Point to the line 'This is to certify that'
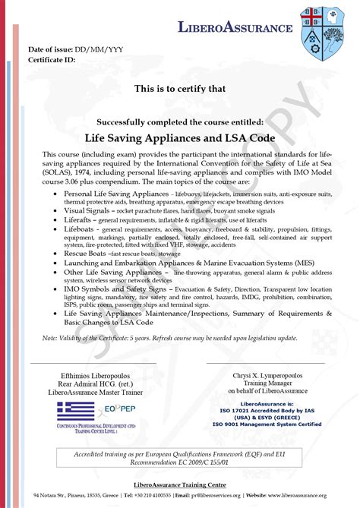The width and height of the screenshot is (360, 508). point(180,89)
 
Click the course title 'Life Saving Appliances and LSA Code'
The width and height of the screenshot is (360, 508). point(180,137)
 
